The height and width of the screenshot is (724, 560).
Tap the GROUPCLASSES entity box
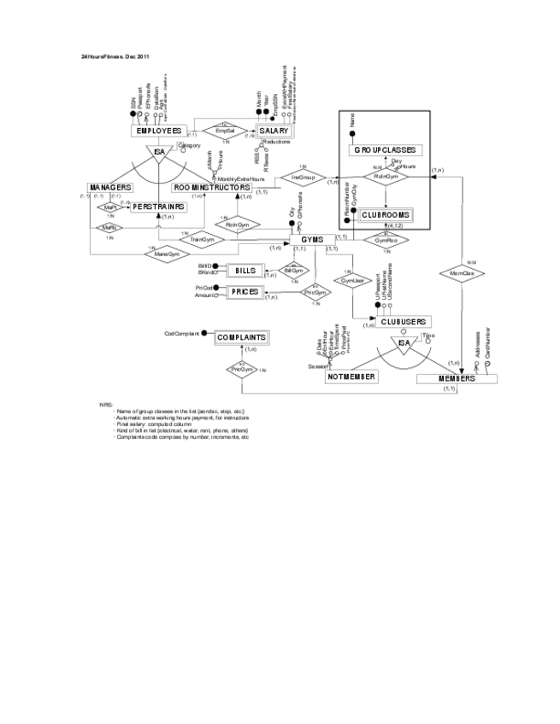tap(385, 150)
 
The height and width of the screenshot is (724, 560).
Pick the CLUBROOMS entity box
tap(386, 215)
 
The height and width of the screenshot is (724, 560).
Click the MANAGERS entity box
tap(109, 187)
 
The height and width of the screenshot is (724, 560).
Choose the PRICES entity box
tap(244, 292)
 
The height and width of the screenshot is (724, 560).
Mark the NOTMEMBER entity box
tap(351, 377)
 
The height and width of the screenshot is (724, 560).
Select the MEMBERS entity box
tap(457, 378)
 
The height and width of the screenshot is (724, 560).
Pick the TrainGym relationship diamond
tap(203, 240)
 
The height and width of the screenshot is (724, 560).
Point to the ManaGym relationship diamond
tap(167, 254)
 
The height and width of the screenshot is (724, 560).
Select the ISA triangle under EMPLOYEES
tap(159, 153)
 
